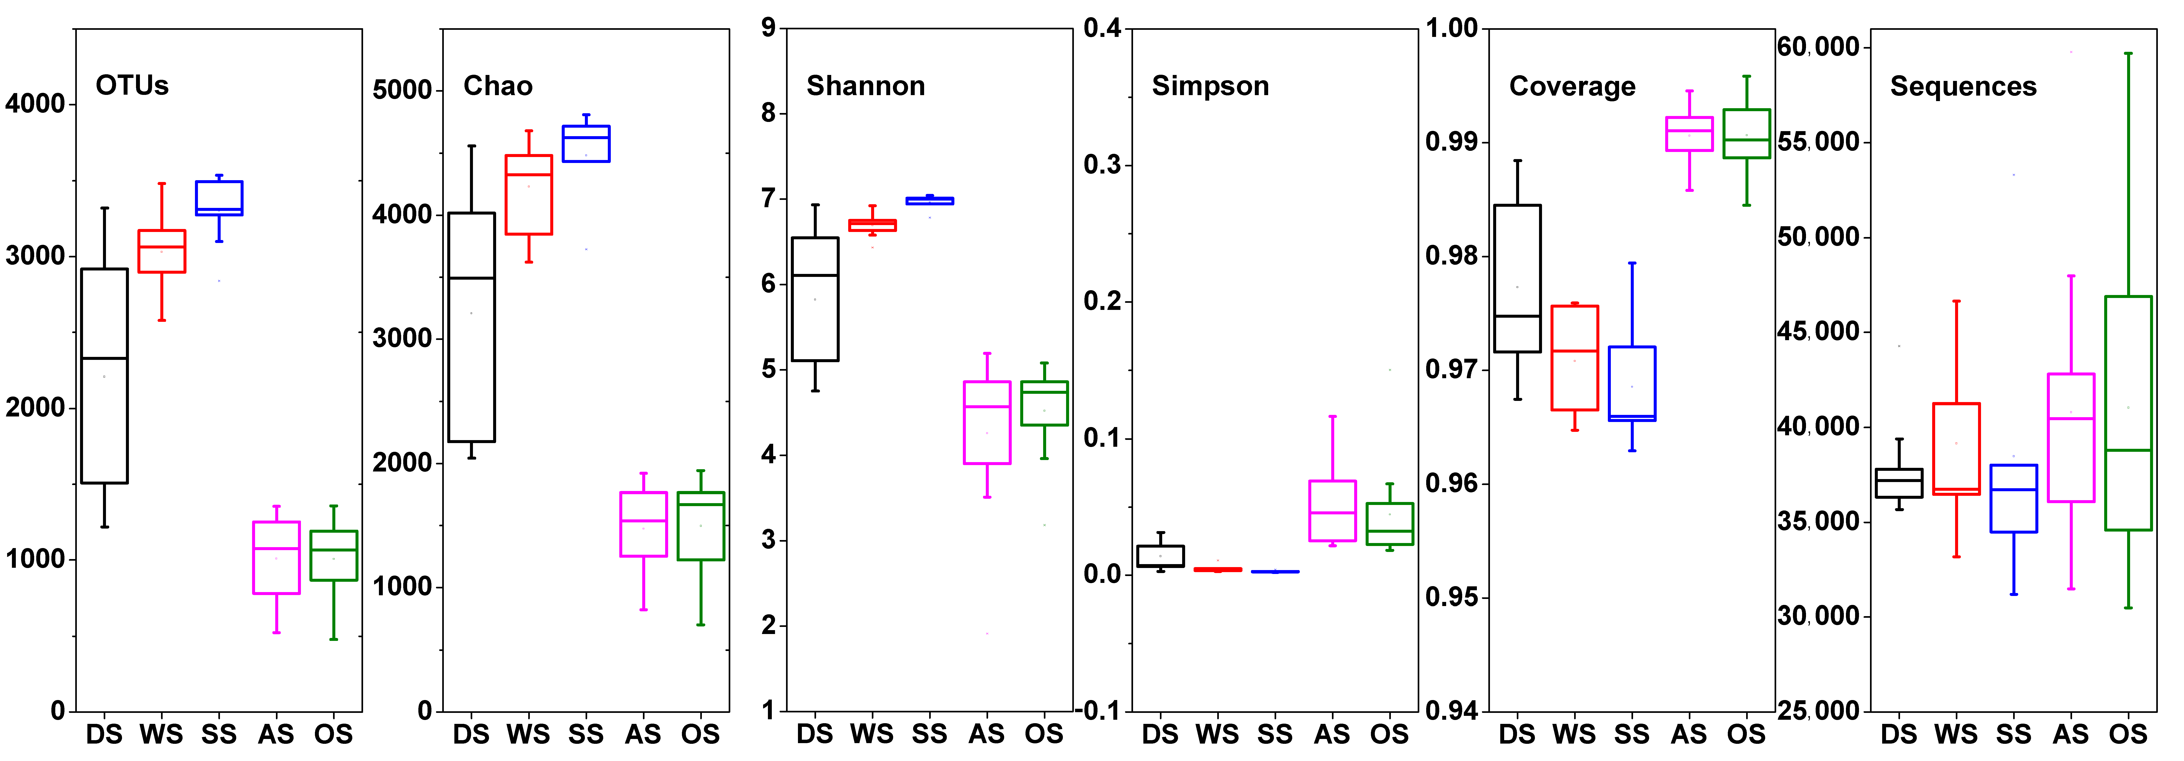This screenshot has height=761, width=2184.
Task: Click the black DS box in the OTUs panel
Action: tap(104, 375)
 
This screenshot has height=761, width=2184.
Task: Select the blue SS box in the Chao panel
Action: tap(586, 143)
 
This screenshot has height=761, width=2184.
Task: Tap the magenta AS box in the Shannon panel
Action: tap(987, 422)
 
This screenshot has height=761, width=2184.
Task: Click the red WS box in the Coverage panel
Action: tap(1574, 358)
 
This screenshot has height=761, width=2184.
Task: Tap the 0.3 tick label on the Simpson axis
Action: tap(1102, 164)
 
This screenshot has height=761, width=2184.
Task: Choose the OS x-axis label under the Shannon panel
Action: tap(1044, 734)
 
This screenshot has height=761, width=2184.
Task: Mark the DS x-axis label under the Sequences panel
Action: tap(1899, 734)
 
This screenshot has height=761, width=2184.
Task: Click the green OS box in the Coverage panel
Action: tap(1747, 133)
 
